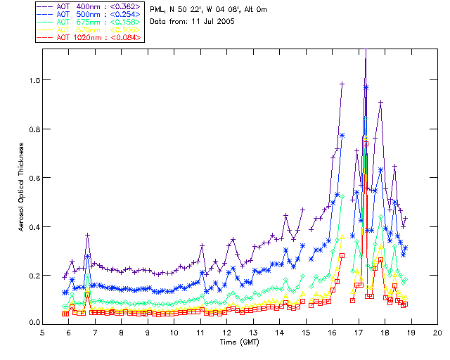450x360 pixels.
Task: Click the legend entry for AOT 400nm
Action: click(89, 6)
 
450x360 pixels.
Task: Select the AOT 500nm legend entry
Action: click(89, 14)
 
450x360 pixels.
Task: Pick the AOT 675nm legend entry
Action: click(89, 22)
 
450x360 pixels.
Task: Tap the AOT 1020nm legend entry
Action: click(89, 37)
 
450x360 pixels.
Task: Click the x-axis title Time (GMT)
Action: click(240, 342)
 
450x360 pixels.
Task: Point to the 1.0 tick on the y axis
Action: click(34, 80)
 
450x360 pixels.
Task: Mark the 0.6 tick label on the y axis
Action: click(34, 178)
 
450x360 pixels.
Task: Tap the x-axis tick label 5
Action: click(42, 333)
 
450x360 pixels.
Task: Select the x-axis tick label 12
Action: click(226, 333)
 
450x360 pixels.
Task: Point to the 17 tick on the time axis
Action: click(358, 333)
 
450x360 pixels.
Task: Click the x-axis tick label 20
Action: click(437, 333)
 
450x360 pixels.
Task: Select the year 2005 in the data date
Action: click(224, 22)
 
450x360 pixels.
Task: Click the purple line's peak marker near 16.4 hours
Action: click(342, 84)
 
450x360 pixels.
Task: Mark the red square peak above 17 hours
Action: click(366, 143)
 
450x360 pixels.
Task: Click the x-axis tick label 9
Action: click(148, 333)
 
